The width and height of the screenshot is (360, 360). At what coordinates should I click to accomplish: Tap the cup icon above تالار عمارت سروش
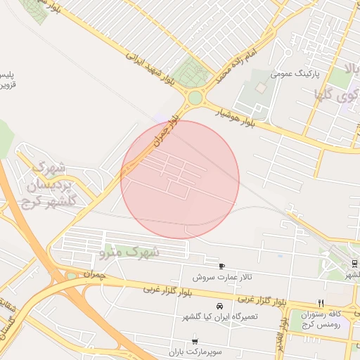(223, 266)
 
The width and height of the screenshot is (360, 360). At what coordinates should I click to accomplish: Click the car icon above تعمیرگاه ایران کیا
(220, 307)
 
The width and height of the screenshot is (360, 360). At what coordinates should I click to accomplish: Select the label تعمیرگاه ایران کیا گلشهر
(219, 317)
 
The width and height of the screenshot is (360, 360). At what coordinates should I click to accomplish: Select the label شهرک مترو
(130, 251)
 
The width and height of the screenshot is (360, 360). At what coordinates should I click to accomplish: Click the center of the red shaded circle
(180, 179)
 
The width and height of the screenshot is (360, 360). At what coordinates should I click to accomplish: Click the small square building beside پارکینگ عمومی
(261, 88)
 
